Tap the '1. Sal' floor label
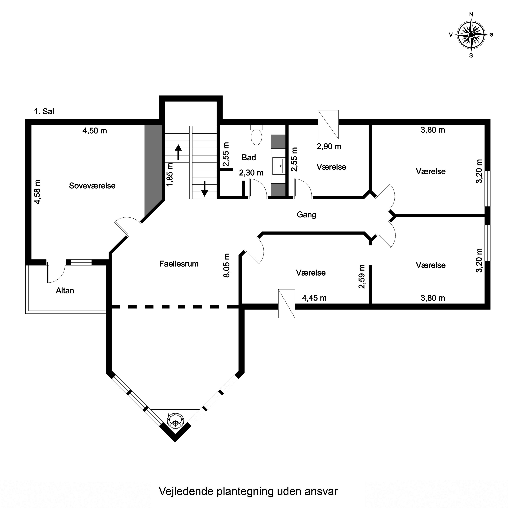pos(44,111)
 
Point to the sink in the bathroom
pos(278,166)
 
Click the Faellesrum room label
pos(179,264)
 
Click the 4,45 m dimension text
pos(314,298)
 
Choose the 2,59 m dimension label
pos(362,277)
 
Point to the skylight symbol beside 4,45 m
pos(287,304)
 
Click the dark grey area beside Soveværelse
pos(153,168)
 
